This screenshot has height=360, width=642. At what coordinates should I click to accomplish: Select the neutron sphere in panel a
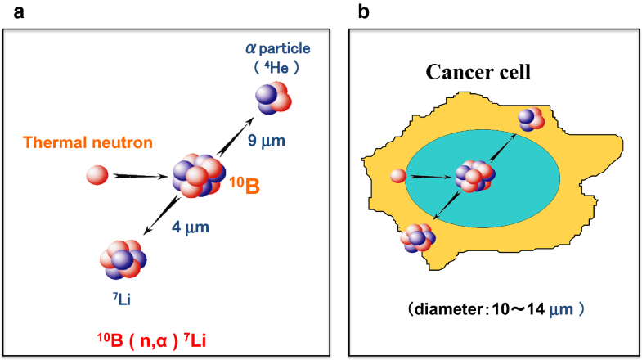click(x=97, y=175)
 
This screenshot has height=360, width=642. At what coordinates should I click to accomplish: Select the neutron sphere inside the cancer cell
click(x=398, y=175)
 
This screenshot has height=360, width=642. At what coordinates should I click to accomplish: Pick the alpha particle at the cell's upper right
click(x=531, y=119)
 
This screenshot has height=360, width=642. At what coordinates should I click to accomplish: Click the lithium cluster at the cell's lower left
click(x=420, y=237)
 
